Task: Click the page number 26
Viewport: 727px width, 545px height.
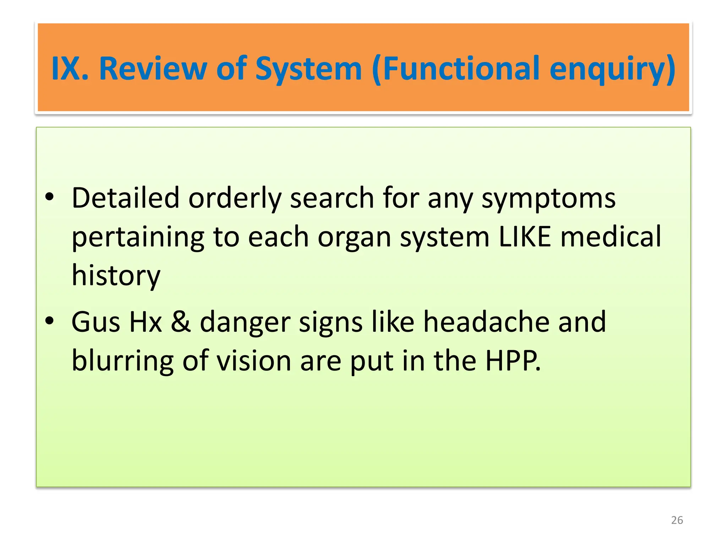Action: pyautogui.click(x=677, y=520)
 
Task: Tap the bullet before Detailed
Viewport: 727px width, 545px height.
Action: pyautogui.click(x=50, y=197)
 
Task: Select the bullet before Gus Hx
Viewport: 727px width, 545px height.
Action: pyautogui.click(x=50, y=321)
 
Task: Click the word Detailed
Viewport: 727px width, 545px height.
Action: pyautogui.click(x=125, y=198)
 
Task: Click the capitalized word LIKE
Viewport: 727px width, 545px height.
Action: pyautogui.click(x=525, y=237)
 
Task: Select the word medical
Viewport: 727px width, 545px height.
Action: pyautogui.click(x=611, y=237)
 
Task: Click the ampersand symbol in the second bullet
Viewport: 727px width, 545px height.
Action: pyautogui.click(x=181, y=322)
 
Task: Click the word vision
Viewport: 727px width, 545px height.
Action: pyautogui.click(x=254, y=361)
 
